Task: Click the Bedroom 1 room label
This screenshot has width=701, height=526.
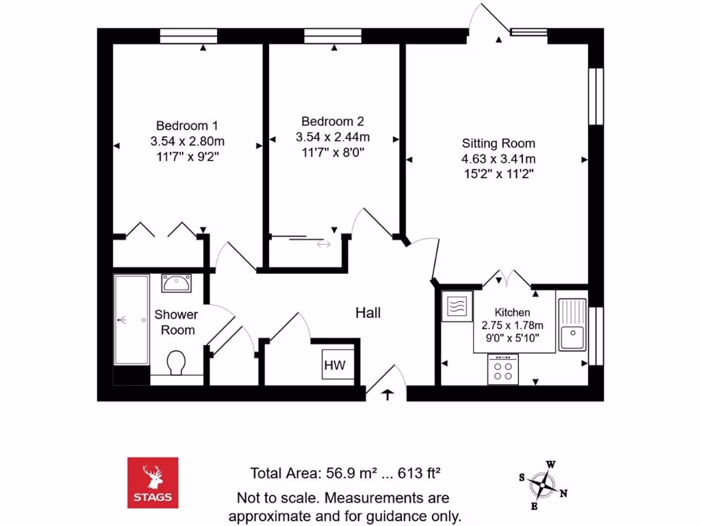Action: point(187,126)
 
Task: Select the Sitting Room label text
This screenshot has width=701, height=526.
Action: point(498,144)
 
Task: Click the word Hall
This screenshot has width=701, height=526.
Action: point(368,313)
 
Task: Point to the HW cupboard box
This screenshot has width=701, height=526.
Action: point(335,366)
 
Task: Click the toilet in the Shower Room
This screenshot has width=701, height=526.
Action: point(176,363)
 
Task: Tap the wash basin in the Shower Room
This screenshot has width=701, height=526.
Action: point(176,282)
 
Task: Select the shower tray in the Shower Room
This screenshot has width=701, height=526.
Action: point(131,320)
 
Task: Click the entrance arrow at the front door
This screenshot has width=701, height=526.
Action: point(387,394)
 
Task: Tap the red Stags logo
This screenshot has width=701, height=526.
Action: point(153,483)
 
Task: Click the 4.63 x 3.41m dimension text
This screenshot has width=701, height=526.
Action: point(498,159)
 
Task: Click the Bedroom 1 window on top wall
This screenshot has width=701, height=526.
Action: point(188,36)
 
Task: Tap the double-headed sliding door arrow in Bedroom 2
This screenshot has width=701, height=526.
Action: point(323,244)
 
